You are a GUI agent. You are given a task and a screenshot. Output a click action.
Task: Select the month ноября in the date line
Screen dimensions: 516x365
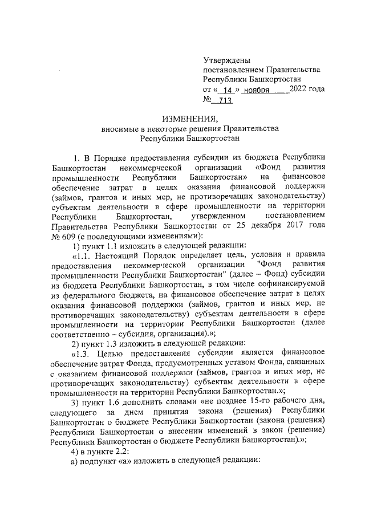(257, 91)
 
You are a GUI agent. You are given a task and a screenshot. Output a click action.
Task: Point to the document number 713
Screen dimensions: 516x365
(222, 101)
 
